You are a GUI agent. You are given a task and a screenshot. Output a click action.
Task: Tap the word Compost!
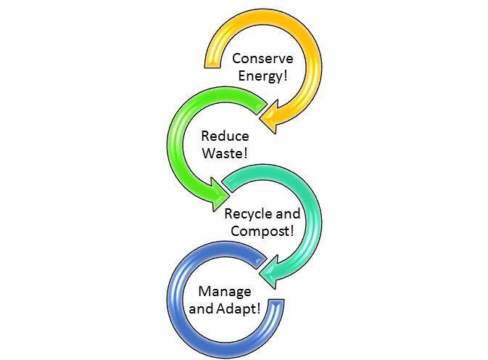[x=262, y=232]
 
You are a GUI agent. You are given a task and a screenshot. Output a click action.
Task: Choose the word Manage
[x=226, y=292]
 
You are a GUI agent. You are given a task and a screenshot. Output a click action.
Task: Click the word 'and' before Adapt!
[x=211, y=309]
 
